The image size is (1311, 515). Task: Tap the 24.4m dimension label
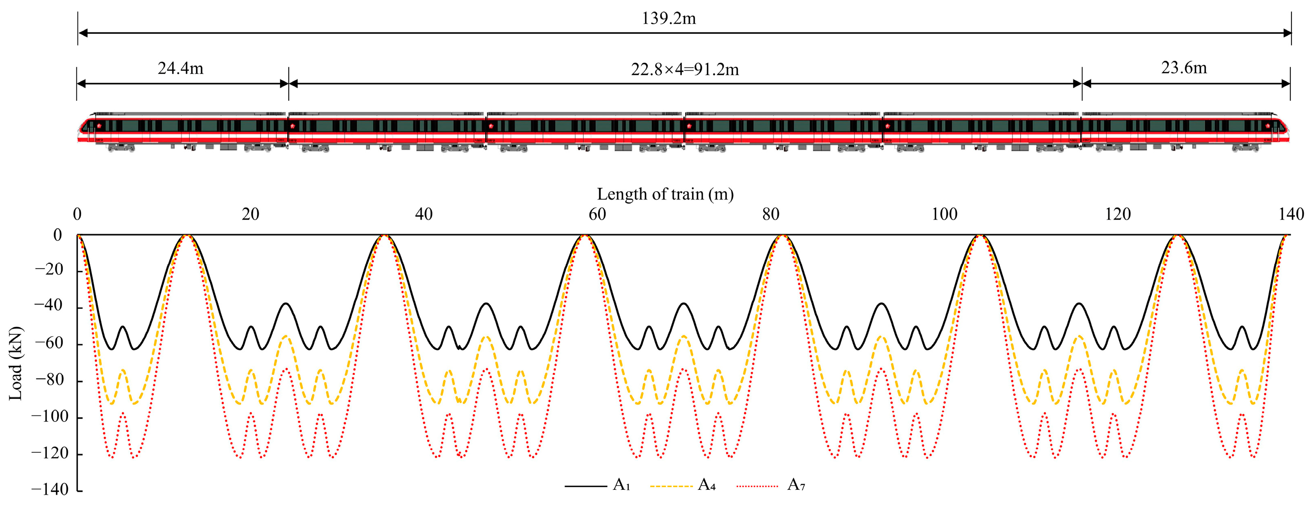(x=180, y=68)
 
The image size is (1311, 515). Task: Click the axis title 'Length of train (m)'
(x=665, y=194)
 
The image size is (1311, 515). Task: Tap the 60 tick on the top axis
(x=597, y=214)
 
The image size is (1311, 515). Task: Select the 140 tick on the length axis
(x=1291, y=214)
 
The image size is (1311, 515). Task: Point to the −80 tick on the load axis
(x=50, y=380)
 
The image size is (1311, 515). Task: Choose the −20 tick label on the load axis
(x=50, y=269)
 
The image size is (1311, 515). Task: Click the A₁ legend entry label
(x=621, y=485)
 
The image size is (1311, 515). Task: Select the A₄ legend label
(x=706, y=485)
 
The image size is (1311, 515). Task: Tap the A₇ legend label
(x=796, y=485)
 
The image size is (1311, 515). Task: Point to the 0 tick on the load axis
(x=58, y=235)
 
